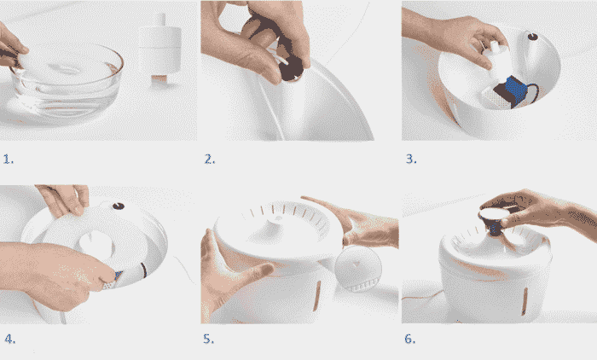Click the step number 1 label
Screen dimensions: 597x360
[x=9, y=159]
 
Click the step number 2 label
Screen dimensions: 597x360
[x=210, y=159]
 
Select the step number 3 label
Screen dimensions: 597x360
[x=411, y=159]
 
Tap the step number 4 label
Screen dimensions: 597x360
[x=10, y=339]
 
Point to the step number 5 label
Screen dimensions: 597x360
[x=209, y=339]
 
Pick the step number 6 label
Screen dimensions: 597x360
[x=410, y=339]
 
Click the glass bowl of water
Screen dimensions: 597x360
[x=66, y=83]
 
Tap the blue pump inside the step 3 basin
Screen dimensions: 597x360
[x=515, y=91]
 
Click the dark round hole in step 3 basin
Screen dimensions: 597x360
[x=533, y=37]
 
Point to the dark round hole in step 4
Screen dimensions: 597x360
[x=119, y=206]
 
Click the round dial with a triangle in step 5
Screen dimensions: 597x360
[x=357, y=268]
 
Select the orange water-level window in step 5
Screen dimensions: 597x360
[x=316, y=296]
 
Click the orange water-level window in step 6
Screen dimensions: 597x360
[x=525, y=301]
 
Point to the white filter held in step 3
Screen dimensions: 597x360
[x=497, y=61]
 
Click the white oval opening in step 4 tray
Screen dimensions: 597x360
[x=96, y=244]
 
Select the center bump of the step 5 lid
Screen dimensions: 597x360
[x=277, y=220]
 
